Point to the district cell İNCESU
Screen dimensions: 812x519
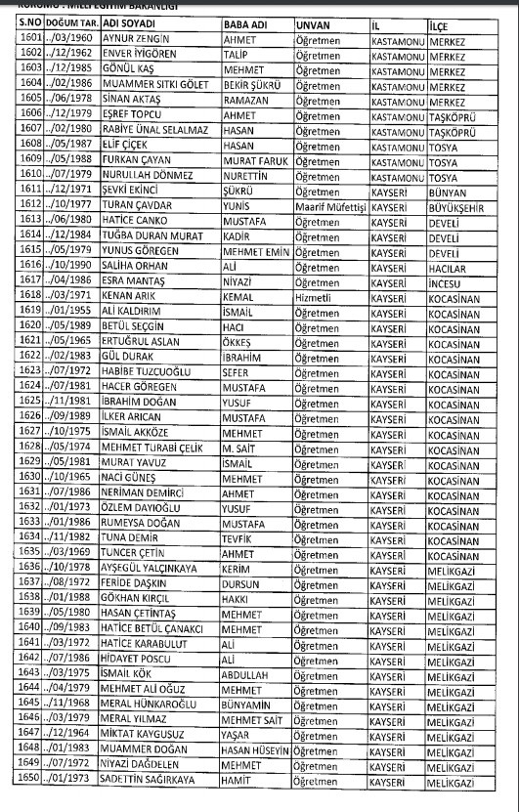(x=449, y=279)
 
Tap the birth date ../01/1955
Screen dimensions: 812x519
(x=68, y=310)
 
